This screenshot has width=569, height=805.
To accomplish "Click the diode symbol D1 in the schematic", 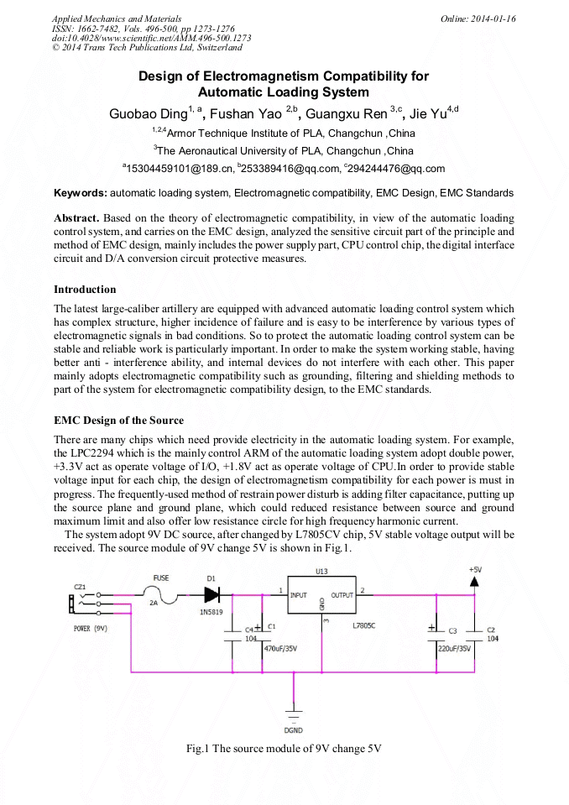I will click(211, 593).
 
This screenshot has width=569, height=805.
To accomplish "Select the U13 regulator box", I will click(321, 599).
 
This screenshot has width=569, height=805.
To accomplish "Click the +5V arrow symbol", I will click(475, 581).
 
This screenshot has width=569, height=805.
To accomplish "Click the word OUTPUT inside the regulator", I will click(342, 595).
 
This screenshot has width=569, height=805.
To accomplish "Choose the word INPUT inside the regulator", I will click(299, 595).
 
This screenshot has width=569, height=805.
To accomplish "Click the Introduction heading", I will click(85, 290).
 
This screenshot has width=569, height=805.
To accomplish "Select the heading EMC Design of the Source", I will click(118, 421).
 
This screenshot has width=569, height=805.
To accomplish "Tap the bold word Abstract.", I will click(76, 217).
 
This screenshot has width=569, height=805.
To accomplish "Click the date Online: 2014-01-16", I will click(478, 18).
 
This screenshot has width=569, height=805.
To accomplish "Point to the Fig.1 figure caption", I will click(284, 749).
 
